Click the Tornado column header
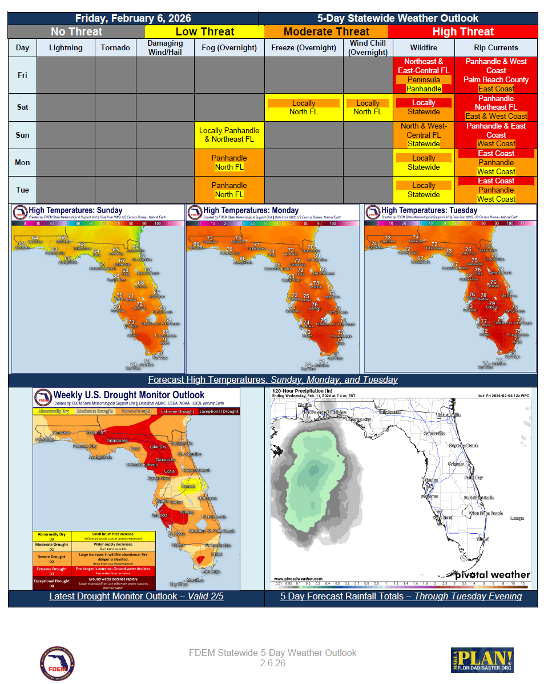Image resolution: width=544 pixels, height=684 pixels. [115, 47]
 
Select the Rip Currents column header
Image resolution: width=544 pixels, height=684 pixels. [495, 47]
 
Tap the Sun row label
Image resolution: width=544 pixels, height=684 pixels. [22, 135]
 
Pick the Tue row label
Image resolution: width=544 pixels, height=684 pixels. [22, 190]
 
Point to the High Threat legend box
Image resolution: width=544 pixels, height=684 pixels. [462, 32]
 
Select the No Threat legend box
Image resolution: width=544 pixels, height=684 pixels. [76, 32]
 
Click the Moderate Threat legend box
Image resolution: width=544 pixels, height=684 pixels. [326, 32]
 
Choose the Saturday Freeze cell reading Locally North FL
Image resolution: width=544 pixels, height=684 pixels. [303, 107]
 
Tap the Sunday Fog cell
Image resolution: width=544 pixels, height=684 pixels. [229, 135]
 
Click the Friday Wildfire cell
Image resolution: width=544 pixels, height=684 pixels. [424, 75]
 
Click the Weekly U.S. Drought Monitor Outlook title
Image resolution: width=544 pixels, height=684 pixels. [128, 395]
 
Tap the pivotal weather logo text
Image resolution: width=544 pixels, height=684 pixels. [492, 575]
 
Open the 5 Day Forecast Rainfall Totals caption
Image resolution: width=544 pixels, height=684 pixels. [401, 597]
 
